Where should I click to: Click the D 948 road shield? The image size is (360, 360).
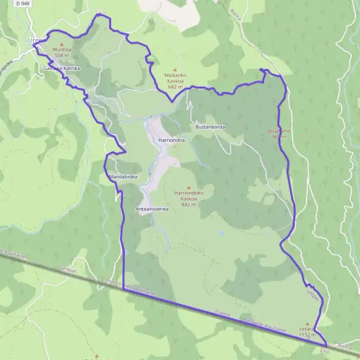(22, 4)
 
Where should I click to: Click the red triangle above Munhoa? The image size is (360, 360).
(61, 44)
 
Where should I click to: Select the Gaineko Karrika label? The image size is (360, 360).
(62, 69)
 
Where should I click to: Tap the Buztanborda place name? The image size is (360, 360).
(210, 127)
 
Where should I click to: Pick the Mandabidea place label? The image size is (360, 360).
(124, 178)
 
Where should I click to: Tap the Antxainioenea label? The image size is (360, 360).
(152, 209)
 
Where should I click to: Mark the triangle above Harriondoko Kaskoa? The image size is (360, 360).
(190, 187)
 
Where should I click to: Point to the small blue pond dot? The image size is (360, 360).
(221, 233)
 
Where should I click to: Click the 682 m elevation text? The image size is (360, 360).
(175, 87)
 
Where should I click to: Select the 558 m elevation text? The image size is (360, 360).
(62, 55)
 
